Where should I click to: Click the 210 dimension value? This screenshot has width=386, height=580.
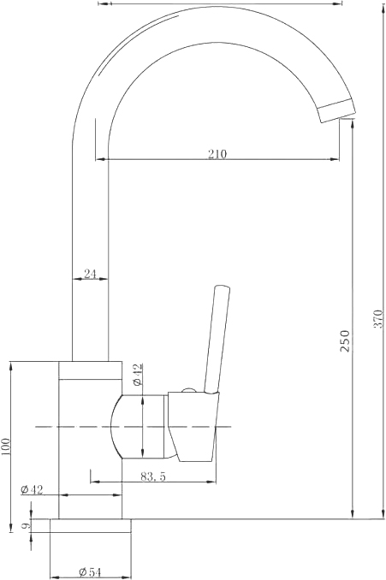(x=217, y=153)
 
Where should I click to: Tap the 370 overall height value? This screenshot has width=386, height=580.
(x=378, y=318)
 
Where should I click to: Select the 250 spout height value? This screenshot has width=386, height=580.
(x=345, y=340)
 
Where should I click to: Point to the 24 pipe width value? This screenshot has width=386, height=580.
(x=90, y=274)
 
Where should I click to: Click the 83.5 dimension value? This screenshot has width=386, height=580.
(x=153, y=476)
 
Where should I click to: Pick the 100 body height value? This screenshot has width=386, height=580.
(x=7, y=447)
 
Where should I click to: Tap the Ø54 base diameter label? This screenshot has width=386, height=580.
(x=90, y=572)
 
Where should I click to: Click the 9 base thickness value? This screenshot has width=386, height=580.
(x=24, y=525)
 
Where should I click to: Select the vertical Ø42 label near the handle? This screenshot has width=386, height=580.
(x=137, y=375)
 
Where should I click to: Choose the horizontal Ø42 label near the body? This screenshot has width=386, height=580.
(x=32, y=489)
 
